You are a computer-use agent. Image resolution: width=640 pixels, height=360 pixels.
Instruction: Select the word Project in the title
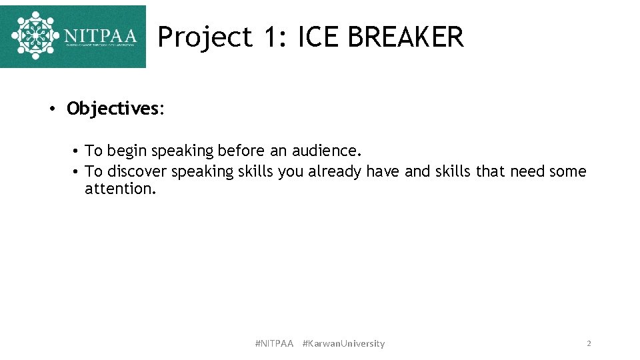tap(205, 37)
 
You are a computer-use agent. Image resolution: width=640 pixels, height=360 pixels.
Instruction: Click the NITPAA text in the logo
tap(101, 35)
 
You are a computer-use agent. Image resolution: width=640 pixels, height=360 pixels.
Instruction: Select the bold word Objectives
tap(112, 109)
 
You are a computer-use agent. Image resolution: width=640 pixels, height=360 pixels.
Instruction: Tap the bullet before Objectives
tap(51, 109)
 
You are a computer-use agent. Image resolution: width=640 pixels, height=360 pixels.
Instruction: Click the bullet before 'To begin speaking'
tap(77, 152)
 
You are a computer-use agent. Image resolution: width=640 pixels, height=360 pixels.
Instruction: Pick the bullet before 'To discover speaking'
tap(77, 172)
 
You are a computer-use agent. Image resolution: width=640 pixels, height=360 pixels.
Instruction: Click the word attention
tap(120, 189)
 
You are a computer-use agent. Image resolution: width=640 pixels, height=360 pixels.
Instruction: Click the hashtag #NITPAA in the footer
tap(274, 343)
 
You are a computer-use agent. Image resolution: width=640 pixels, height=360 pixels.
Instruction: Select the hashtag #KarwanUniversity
tap(343, 343)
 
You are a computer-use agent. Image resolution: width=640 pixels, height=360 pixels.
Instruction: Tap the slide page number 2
tap(589, 343)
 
